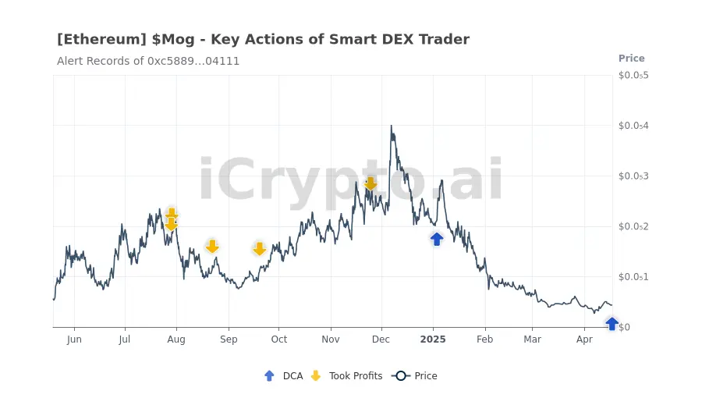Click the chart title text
[x=263, y=39]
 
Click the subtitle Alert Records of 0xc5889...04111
[x=148, y=61]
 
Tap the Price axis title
[x=631, y=59]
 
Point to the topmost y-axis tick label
[x=633, y=76]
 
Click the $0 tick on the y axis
[x=624, y=327]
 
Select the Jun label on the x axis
[x=74, y=339]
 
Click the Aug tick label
[x=176, y=339]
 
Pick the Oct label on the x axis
[x=278, y=339]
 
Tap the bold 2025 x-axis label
[x=433, y=339]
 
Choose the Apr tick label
[x=584, y=339]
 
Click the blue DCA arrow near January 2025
[x=437, y=239]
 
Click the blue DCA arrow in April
[x=612, y=323]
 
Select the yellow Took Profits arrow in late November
[x=370, y=183]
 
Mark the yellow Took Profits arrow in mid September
[x=260, y=249]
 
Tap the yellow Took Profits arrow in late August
[x=212, y=247]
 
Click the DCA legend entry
[x=284, y=376]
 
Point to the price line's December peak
[x=391, y=126]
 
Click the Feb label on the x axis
[x=484, y=339]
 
